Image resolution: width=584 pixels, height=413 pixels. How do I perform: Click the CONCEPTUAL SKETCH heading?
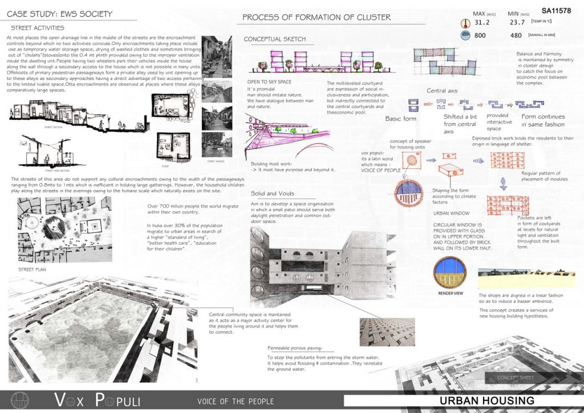pos(275,39)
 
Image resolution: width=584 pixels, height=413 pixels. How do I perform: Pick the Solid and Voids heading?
pos(272,194)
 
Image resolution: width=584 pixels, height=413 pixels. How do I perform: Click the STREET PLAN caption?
pos(33,269)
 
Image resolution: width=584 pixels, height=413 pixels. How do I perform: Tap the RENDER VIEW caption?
pos(451,293)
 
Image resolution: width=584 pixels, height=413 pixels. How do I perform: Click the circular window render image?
pos(450,272)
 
